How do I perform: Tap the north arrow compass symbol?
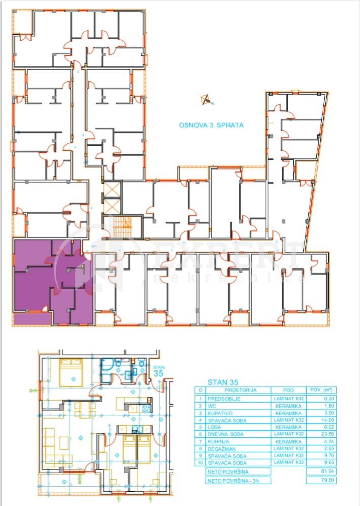point(206,99)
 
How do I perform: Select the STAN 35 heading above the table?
point(222,382)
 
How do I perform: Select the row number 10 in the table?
point(201,463)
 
